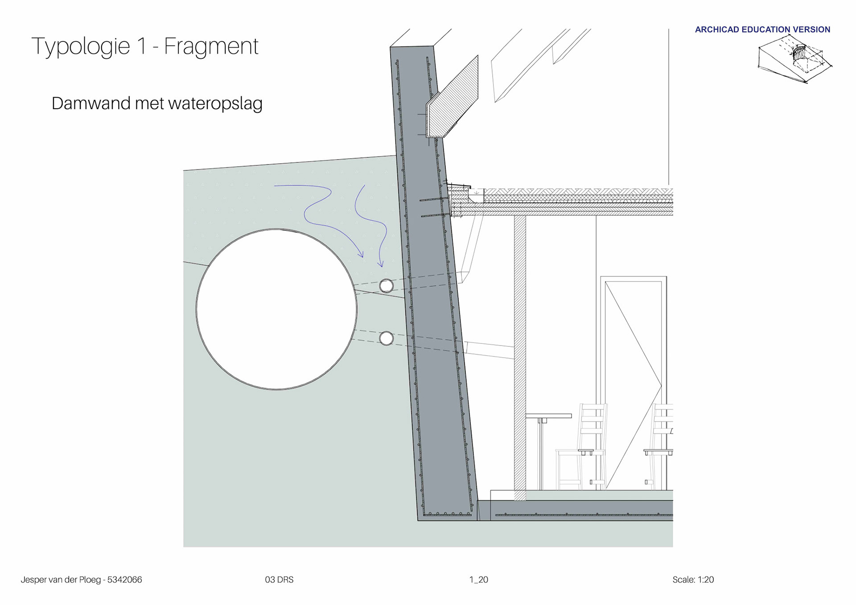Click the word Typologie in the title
pyautogui.click(x=80, y=46)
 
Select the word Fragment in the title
pyautogui.click(x=211, y=46)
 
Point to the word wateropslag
pyautogui.click(x=215, y=103)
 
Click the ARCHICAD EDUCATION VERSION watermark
pyautogui.click(x=762, y=29)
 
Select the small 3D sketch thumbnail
pyautogui.click(x=795, y=60)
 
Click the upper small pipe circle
pyautogui.click(x=386, y=285)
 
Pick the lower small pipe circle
pyautogui.click(x=386, y=338)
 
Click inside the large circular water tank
pyautogui.click(x=276, y=309)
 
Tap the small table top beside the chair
pyautogui.click(x=548, y=416)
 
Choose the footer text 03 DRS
pyautogui.click(x=279, y=580)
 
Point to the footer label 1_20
pyautogui.click(x=478, y=580)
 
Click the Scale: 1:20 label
pyautogui.click(x=693, y=580)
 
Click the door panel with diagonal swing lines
pyautogui.click(x=633, y=383)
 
